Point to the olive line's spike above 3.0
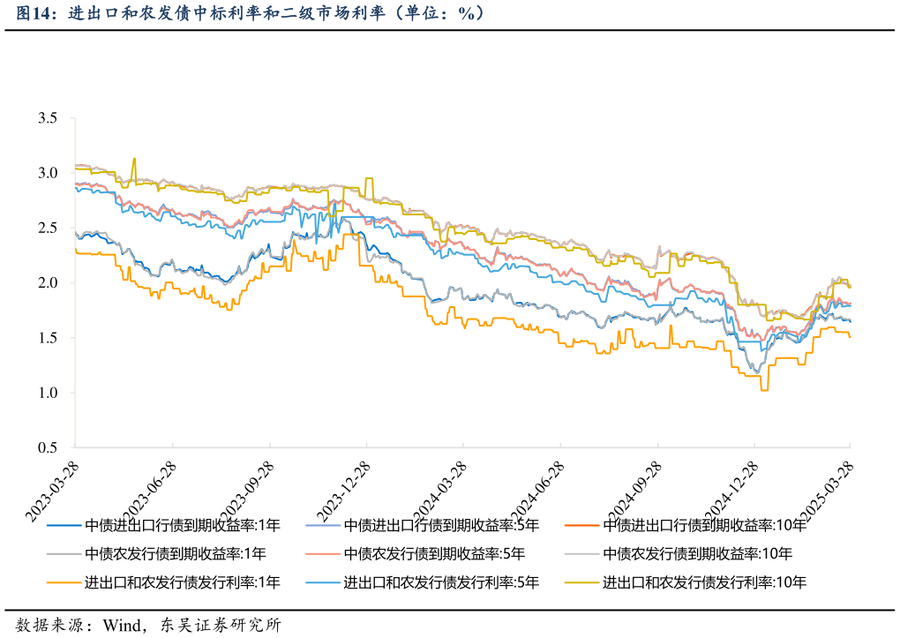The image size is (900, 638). coord(134,160)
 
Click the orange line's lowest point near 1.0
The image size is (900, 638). coord(764,389)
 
